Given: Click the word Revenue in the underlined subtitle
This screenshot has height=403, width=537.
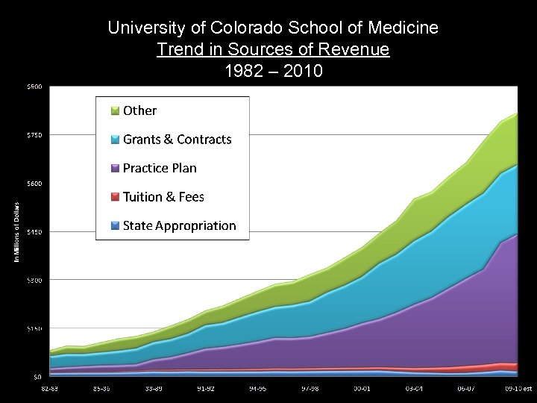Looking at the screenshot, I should pyautogui.click(x=361, y=51).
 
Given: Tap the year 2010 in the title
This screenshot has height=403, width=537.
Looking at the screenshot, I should pyautogui.click(x=307, y=73).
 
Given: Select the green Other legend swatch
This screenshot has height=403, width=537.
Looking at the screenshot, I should pyautogui.click(x=115, y=111).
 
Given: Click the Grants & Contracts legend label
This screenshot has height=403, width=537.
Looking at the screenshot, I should pyautogui.click(x=177, y=140).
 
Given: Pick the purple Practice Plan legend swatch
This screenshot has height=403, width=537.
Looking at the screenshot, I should pyautogui.click(x=115, y=169).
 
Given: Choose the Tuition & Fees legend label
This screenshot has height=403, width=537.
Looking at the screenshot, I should pyautogui.click(x=163, y=197).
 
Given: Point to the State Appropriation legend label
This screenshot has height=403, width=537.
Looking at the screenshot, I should pyautogui.click(x=179, y=225).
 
